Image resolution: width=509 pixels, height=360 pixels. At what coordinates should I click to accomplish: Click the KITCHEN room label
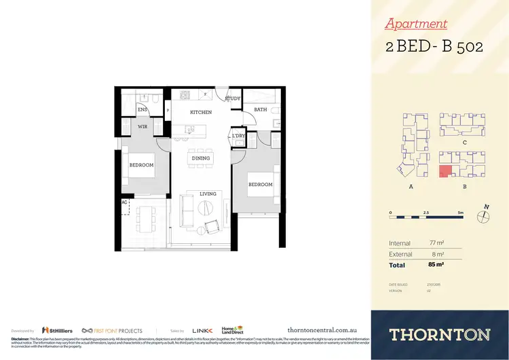201,112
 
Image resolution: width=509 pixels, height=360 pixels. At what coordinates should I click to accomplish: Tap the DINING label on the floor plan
201,158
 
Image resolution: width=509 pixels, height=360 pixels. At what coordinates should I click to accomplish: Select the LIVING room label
208,194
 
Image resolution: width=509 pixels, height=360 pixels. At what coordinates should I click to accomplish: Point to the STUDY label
233,98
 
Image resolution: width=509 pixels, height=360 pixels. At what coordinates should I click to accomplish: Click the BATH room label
261,109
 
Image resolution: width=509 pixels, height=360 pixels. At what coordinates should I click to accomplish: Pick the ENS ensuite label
143,109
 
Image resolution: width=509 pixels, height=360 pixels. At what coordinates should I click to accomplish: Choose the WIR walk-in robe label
143,126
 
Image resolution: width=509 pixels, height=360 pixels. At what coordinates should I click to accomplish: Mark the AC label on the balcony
124,202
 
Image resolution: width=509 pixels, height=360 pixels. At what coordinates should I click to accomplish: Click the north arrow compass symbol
483,216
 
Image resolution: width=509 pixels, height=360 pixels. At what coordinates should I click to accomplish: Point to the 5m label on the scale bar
460,213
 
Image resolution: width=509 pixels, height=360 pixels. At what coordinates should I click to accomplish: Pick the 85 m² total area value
435,264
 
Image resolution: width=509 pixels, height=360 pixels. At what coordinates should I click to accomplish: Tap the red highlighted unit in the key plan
445,172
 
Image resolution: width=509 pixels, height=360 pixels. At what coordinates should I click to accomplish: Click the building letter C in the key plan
463,143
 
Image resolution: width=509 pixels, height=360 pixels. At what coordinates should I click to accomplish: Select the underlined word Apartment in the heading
416,24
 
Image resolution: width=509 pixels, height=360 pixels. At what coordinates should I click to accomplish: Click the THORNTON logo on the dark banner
440,334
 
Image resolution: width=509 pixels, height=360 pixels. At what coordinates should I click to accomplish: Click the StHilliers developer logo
57,330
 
